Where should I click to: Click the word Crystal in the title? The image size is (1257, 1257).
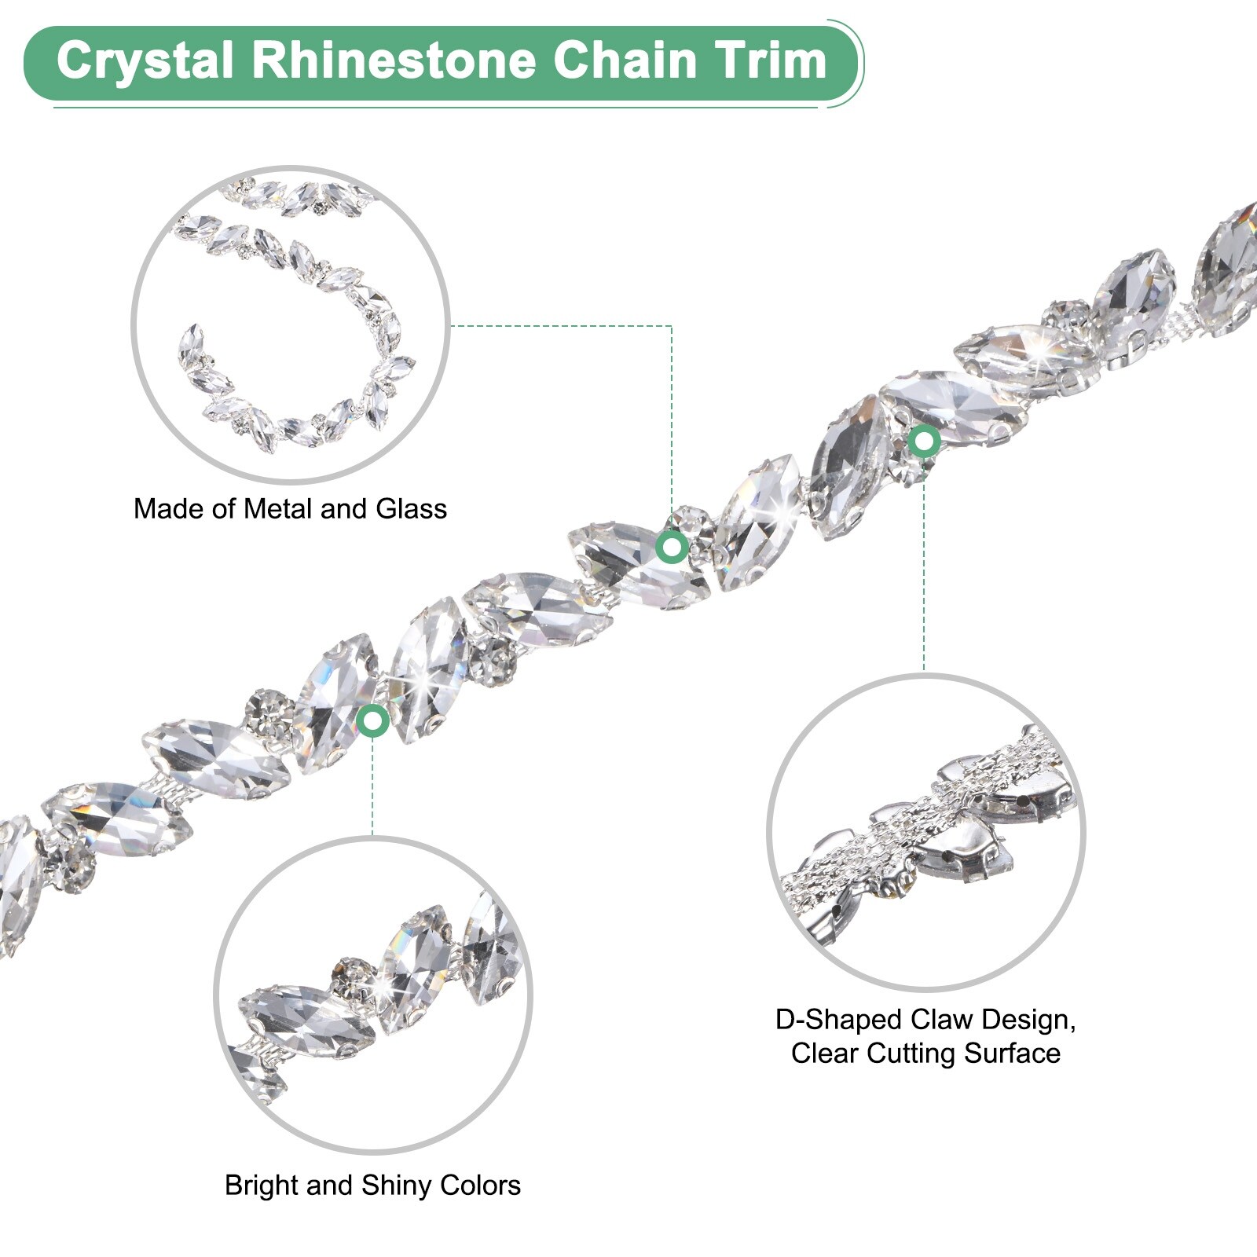point(145,60)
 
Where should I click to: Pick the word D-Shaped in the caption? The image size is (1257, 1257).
point(837,1020)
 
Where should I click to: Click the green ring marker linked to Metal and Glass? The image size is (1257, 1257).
point(672,547)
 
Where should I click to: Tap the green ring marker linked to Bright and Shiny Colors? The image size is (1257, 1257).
point(372,720)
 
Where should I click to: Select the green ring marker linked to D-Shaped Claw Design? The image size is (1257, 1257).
point(924,441)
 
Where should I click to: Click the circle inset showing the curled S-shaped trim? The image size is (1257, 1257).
point(291,324)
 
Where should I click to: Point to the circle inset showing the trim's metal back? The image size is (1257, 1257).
point(925,832)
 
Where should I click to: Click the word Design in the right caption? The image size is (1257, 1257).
point(1025,1020)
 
